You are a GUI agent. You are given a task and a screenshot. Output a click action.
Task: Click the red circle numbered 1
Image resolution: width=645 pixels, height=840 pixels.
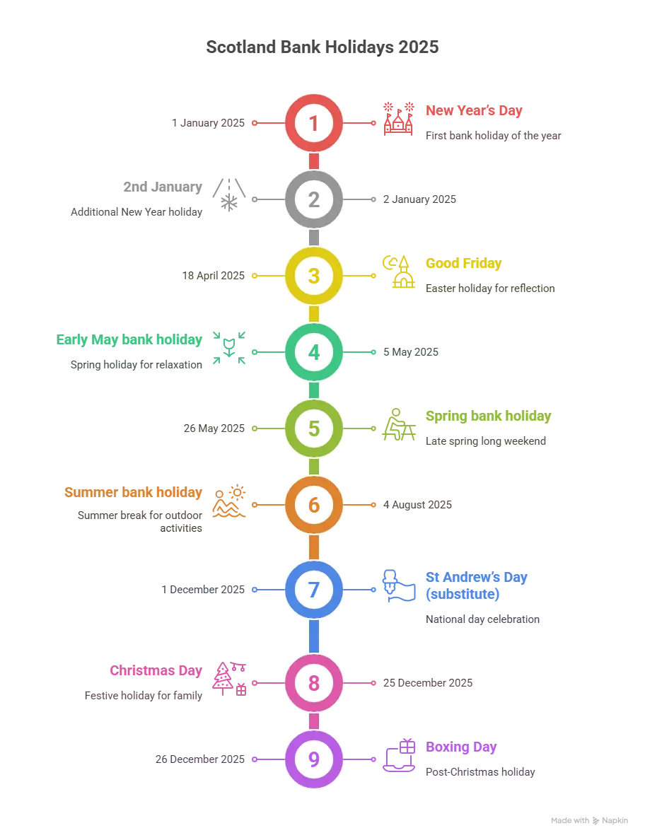point(313,123)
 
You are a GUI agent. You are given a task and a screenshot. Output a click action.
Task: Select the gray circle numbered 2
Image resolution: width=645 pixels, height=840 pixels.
point(313,199)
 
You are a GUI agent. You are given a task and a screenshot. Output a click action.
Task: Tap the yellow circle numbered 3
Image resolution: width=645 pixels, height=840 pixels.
point(313,276)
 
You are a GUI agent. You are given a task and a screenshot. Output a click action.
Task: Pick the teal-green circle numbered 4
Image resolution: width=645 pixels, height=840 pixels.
point(313,351)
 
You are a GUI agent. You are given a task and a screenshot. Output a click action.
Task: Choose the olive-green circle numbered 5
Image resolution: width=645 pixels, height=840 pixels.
point(313,428)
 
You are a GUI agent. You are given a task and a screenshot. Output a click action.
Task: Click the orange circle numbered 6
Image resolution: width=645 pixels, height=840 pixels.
point(313,505)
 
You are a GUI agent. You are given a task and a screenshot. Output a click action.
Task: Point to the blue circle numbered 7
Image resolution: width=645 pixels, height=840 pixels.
point(313,589)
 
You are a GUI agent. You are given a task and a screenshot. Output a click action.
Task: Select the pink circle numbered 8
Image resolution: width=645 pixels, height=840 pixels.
point(313,683)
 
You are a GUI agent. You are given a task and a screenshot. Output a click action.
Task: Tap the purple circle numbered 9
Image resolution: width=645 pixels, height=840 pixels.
point(313,759)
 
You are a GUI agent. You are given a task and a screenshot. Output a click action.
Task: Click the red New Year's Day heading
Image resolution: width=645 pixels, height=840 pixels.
point(475,111)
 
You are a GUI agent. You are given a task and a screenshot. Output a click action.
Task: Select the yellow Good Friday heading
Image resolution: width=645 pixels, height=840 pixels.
point(463,264)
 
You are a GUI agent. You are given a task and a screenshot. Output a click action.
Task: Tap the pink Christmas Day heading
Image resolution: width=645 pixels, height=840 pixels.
point(156,670)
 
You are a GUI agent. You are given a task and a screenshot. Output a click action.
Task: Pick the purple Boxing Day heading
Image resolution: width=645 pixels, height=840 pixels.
point(460,747)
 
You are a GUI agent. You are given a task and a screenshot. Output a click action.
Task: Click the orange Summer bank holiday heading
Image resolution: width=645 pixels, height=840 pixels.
point(133,492)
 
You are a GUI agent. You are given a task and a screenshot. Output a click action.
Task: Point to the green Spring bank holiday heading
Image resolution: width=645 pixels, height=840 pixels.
point(488,416)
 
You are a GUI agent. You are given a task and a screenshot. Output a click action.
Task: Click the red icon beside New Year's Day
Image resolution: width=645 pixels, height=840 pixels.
point(397,119)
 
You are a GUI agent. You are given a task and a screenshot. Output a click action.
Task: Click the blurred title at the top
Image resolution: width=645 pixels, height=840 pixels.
point(322,48)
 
